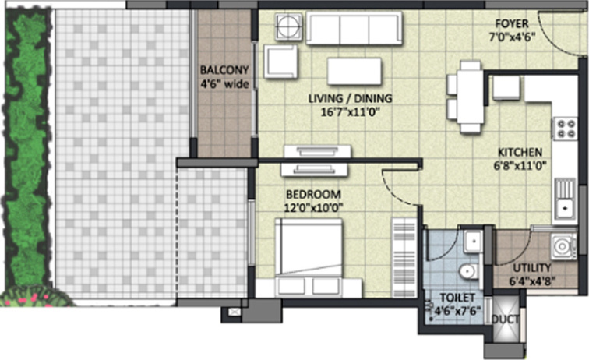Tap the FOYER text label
click(508, 24)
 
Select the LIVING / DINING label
click(350, 98)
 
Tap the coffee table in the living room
click(354, 71)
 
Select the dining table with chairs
click(468, 97)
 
